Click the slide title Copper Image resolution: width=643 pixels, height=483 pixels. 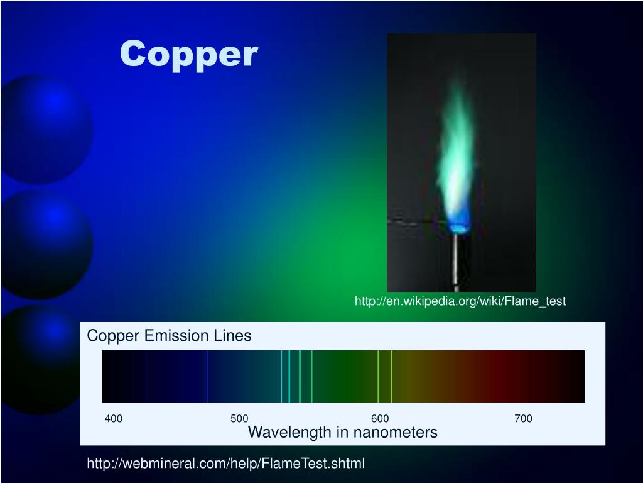tap(188, 54)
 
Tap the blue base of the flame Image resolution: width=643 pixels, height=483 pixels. tap(459, 223)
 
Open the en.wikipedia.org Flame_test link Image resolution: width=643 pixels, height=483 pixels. tap(460, 301)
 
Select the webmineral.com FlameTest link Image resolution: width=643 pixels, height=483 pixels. tap(225, 464)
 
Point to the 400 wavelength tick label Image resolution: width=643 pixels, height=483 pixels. tap(114, 419)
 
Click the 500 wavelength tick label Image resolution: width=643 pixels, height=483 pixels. tap(239, 419)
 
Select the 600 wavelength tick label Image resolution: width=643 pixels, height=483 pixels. tap(380, 419)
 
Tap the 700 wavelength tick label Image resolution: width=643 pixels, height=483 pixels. tap(523, 419)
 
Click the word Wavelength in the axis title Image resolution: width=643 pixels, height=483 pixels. tap(289, 433)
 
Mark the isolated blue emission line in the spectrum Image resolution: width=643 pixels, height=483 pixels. tap(207, 376)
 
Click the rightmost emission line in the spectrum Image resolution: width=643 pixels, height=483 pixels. tap(391, 376)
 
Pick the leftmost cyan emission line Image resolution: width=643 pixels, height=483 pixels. tap(281, 376)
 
